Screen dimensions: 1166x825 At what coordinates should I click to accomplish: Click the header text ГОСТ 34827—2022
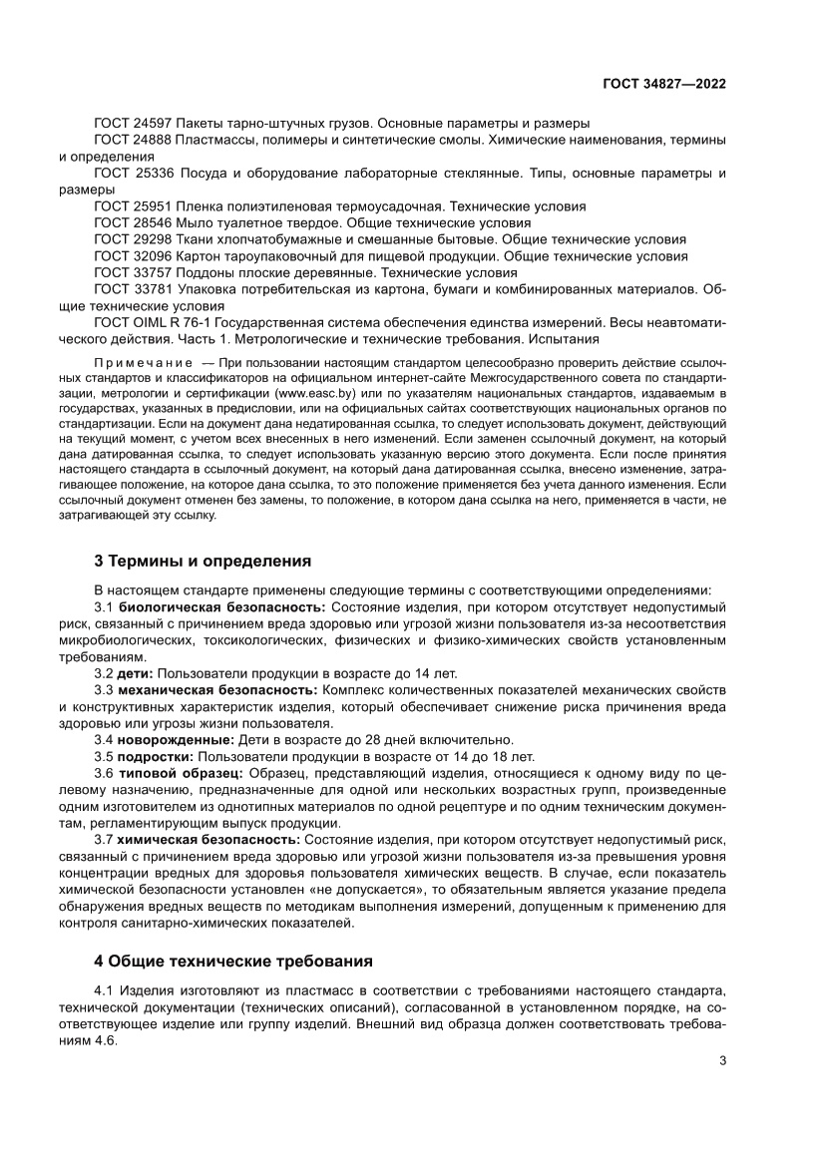(662, 84)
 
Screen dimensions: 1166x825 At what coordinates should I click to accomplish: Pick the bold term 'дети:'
(136, 673)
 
